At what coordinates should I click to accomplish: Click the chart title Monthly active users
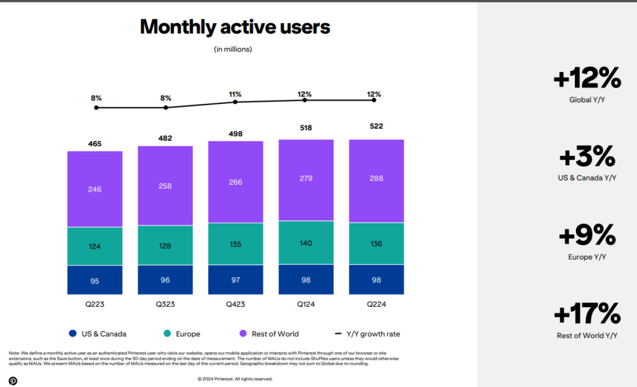(235, 27)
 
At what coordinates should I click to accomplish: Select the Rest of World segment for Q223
(95, 189)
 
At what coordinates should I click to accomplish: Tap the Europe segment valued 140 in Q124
(305, 243)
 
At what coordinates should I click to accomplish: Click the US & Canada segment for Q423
(235, 280)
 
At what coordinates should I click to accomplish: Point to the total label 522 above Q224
(376, 126)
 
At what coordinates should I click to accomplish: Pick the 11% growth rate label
(235, 95)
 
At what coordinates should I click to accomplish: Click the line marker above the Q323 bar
(165, 108)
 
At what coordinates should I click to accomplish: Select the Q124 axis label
(305, 304)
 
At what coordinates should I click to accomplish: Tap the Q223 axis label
(95, 304)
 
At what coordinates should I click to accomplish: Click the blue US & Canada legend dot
(73, 334)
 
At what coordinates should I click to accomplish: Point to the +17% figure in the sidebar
(587, 314)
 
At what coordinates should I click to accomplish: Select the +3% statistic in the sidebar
(587, 157)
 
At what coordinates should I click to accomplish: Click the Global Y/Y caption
(587, 100)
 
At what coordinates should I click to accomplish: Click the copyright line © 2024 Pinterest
(235, 378)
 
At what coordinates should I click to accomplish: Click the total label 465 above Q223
(95, 144)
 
